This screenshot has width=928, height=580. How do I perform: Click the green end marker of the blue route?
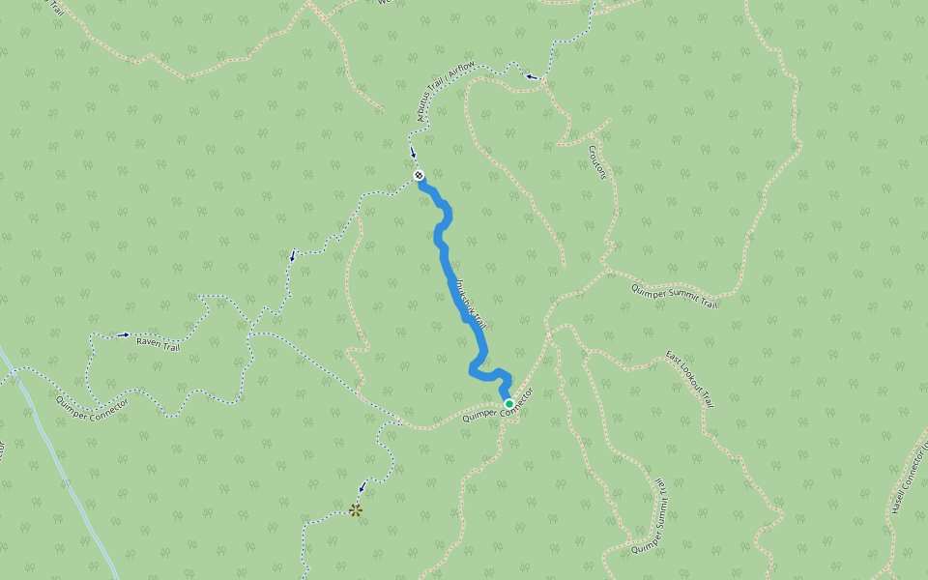[x=508, y=403]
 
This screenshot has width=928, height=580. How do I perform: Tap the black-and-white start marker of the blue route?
[x=419, y=175]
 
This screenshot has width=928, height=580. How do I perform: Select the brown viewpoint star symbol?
[x=356, y=508]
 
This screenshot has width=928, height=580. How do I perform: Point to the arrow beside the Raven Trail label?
[x=123, y=335]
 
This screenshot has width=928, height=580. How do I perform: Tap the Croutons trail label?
[x=596, y=162]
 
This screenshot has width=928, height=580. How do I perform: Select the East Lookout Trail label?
[x=691, y=379]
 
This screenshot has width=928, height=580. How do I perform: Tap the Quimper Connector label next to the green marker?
[x=498, y=404]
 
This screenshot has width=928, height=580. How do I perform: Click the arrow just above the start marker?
[x=413, y=154]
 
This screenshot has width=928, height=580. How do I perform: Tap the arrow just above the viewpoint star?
[x=362, y=487]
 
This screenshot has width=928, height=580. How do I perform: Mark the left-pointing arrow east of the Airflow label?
[x=531, y=75]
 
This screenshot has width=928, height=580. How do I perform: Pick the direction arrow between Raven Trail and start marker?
[x=293, y=256]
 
